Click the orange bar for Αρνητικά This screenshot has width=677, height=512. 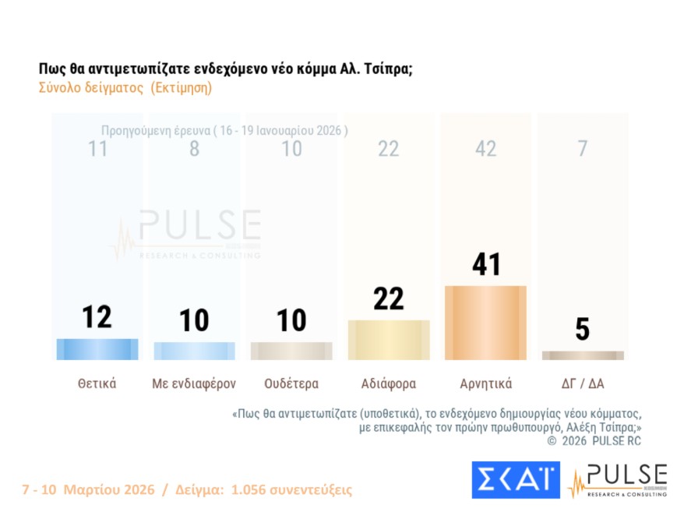[x=485, y=323]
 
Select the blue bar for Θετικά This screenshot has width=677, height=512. [x=97, y=349]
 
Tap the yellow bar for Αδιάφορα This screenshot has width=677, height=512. [x=389, y=340]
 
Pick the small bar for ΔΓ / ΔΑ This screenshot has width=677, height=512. [x=583, y=355]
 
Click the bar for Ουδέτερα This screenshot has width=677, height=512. [x=291, y=351]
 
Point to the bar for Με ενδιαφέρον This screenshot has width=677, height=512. [x=194, y=351]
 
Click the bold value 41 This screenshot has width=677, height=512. [x=485, y=264]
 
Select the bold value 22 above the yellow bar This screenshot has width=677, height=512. [x=389, y=298]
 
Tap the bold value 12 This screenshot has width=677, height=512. [x=97, y=317]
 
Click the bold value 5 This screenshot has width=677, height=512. [x=583, y=330]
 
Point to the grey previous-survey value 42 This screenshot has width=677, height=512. [x=485, y=149]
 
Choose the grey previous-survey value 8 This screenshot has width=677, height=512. [x=194, y=149]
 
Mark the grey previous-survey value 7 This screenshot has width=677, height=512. [x=583, y=149]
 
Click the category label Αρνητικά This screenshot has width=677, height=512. [x=485, y=383]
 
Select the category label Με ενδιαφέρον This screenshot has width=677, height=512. [x=194, y=383]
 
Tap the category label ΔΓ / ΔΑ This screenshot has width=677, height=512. [x=583, y=383]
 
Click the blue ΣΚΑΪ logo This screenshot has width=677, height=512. [x=515, y=480]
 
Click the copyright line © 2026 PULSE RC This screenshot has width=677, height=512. [x=594, y=441]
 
